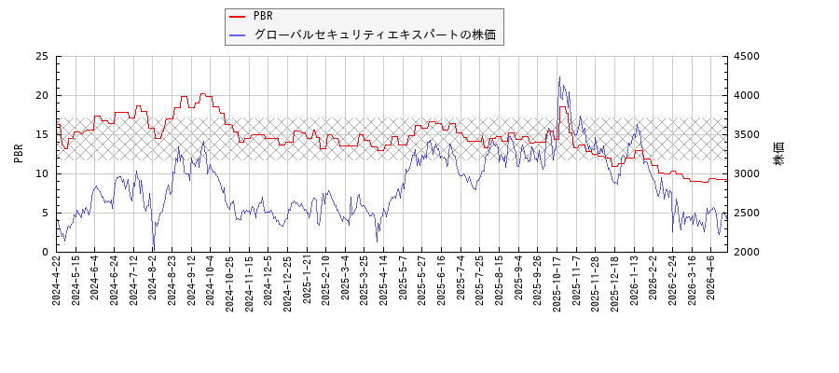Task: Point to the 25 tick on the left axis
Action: point(42,56)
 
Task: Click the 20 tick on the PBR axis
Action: point(42,95)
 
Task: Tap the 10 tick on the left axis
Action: point(42,173)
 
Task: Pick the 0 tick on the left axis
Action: point(45,252)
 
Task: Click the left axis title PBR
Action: point(19,154)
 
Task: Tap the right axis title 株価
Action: point(779,154)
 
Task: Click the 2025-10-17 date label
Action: point(557,288)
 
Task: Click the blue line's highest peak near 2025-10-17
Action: point(559,77)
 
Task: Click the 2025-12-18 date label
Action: point(615,288)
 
